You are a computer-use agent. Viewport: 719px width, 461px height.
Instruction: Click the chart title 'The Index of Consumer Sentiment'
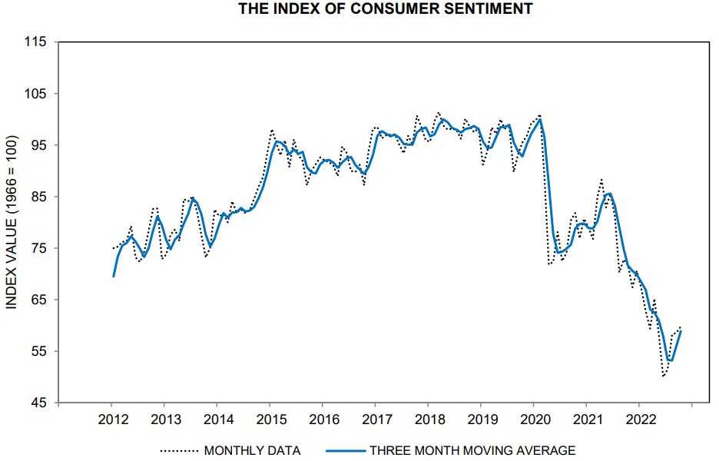[386, 9]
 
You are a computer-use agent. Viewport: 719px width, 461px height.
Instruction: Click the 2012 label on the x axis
[111, 420]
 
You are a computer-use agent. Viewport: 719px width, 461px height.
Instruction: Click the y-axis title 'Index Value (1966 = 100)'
[12, 223]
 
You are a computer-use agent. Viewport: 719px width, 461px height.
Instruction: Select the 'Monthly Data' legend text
[252, 450]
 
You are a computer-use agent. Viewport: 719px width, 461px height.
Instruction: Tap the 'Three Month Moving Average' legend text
[472, 450]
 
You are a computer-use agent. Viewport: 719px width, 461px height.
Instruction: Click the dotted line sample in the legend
[178, 450]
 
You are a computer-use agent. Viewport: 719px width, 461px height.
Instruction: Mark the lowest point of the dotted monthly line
[663, 376]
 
